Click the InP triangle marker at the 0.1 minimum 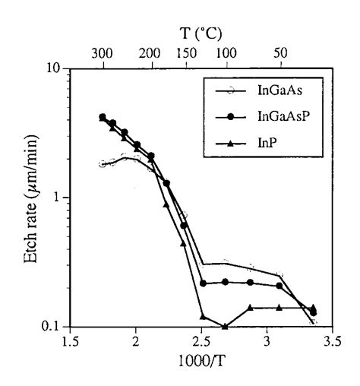click(x=226, y=326)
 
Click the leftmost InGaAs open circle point click(x=103, y=164)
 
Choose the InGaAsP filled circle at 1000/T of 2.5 click(x=203, y=283)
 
